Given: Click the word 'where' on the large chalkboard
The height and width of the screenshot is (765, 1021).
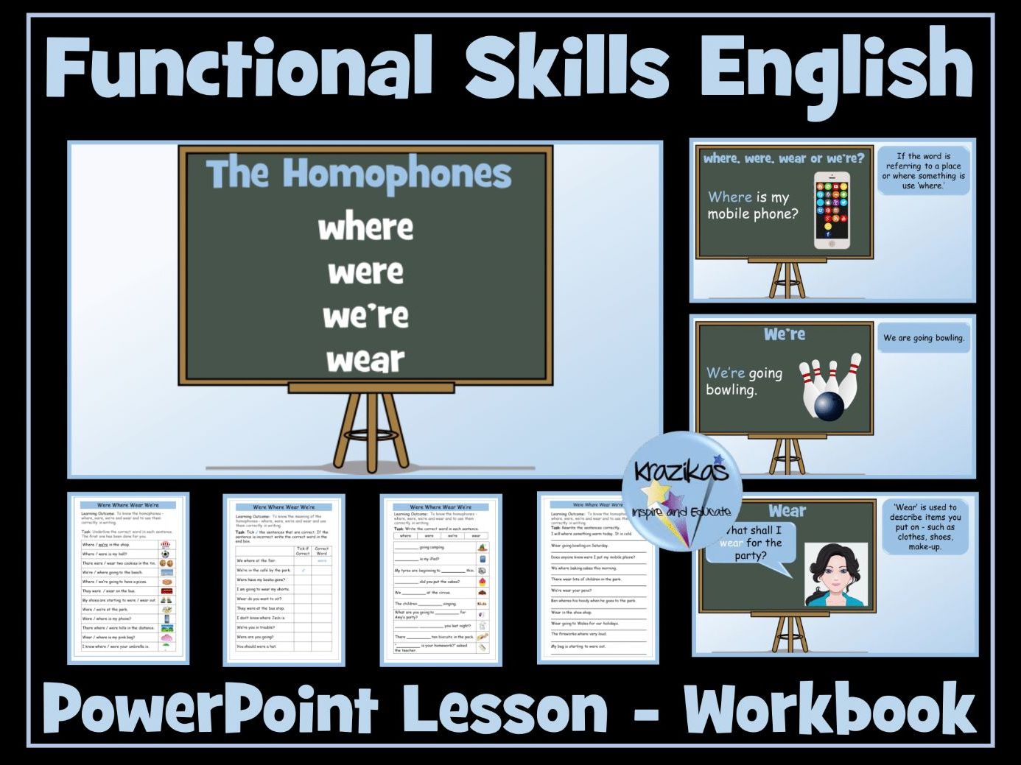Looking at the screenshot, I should coord(365,228).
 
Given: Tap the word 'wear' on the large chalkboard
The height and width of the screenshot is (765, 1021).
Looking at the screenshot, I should coord(365,360).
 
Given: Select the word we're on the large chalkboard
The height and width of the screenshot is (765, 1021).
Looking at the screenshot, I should coord(365,316).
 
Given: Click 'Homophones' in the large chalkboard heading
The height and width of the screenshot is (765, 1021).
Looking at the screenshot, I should coord(397,174).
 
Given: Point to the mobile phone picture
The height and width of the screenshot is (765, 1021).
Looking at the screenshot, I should coord(831,211).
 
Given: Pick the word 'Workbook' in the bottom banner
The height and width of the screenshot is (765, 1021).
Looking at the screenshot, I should coord(829,709).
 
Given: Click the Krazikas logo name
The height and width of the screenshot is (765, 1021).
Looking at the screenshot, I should coord(681,470).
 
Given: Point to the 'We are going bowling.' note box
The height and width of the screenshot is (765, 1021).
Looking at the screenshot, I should coord(923,338).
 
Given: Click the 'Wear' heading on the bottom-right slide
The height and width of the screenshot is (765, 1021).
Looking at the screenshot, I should coord(787,511).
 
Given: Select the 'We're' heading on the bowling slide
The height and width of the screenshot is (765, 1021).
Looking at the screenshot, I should coord(785,334).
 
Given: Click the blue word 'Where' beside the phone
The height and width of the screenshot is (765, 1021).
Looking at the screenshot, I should coord(729,197).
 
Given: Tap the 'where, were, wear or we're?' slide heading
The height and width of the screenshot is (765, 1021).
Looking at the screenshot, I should coord(784,158).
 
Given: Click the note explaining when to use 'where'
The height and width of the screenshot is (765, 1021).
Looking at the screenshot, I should coord(923,171).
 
